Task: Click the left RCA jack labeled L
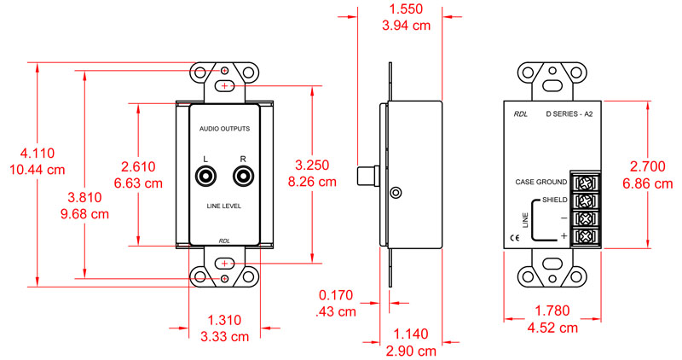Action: pyautogui.click(x=206, y=177)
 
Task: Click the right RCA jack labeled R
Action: pyautogui.click(x=243, y=177)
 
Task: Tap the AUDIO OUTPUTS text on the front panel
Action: pyautogui.click(x=224, y=128)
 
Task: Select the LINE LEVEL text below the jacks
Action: pyautogui.click(x=224, y=206)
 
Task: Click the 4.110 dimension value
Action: pyautogui.click(x=38, y=154)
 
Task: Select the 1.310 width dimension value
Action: pyautogui.click(x=225, y=321)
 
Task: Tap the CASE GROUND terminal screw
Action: pyautogui.click(x=586, y=182)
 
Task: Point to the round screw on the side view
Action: pyautogui.click(x=395, y=192)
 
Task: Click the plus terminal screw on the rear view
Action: pyautogui.click(x=586, y=235)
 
